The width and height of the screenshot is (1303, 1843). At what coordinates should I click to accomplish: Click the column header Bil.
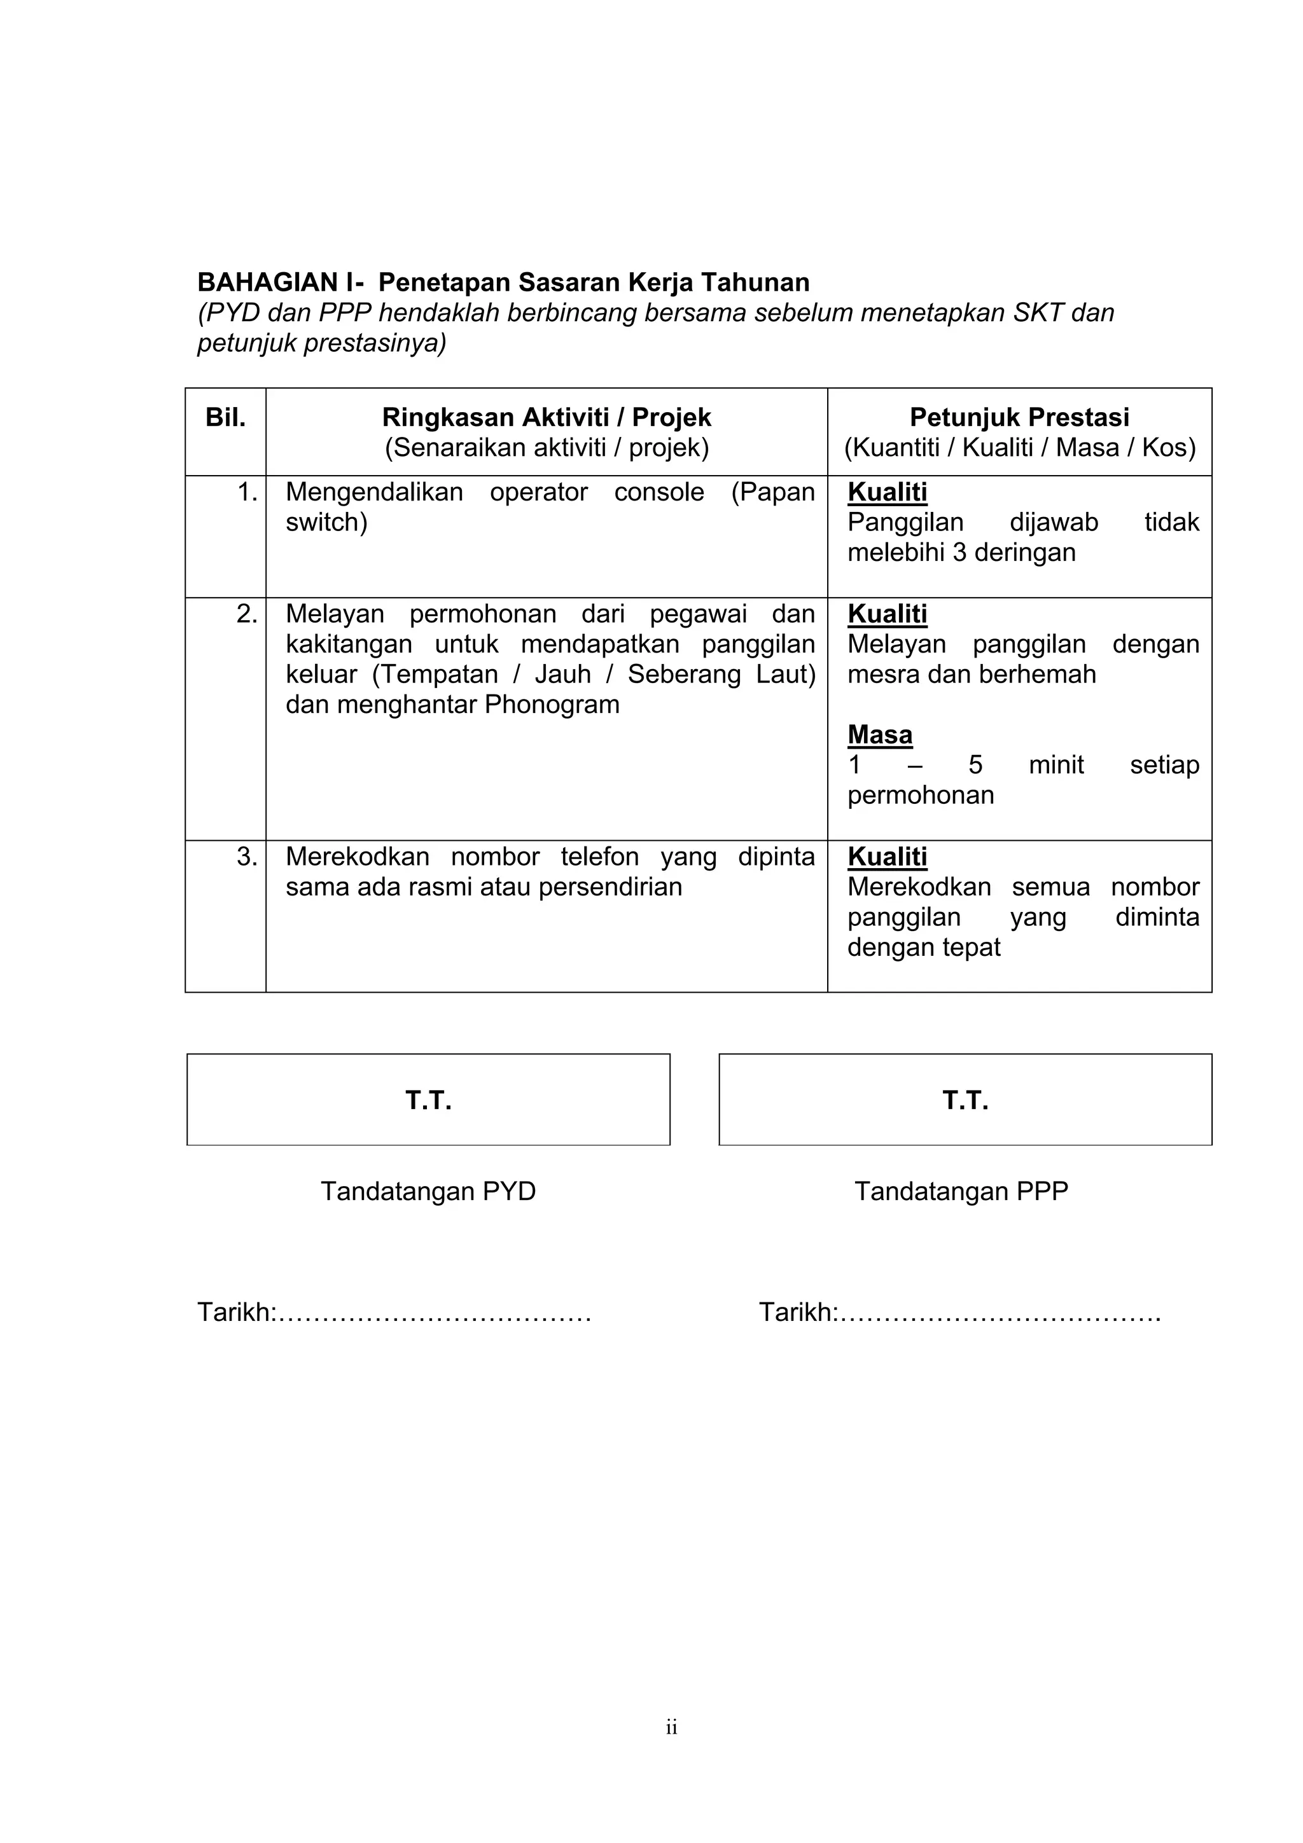coord(226,417)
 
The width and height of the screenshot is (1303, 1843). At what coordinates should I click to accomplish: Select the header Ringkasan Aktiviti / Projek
coord(547,417)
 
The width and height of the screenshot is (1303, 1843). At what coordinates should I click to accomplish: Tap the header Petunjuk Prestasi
coord(1020,417)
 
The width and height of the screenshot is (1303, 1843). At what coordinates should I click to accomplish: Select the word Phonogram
coord(552,705)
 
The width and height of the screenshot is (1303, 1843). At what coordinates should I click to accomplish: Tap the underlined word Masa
coord(880,735)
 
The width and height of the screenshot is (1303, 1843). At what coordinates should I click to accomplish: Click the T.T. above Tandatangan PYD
coord(429,1100)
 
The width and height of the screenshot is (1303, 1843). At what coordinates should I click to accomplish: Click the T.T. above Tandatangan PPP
coord(966,1100)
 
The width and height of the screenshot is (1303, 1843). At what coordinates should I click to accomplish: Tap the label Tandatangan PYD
coord(429,1191)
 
